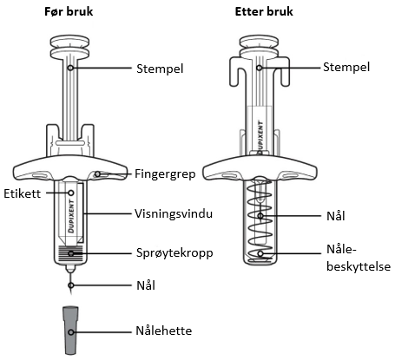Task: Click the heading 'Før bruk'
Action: (69, 11)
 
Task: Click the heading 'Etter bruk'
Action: (264, 11)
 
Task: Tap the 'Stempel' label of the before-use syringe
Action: (160, 69)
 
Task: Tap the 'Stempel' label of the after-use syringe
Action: (346, 67)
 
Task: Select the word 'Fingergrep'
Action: (165, 174)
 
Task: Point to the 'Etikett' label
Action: (23, 193)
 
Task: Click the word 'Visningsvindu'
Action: (174, 213)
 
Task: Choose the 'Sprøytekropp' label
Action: (174, 253)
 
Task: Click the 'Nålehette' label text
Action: (164, 331)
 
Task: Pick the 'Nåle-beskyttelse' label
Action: (359, 258)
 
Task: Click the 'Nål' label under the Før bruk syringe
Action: (146, 285)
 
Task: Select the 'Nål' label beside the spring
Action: (336, 216)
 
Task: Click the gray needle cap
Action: (71, 330)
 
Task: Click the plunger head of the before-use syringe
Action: (69, 46)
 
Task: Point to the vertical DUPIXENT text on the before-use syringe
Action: (71, 215)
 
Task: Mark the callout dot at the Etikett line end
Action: (71, 193)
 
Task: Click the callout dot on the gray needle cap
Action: (71, 332)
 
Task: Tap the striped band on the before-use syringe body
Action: (70, 251)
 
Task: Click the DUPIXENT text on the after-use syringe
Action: (260, 138)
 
